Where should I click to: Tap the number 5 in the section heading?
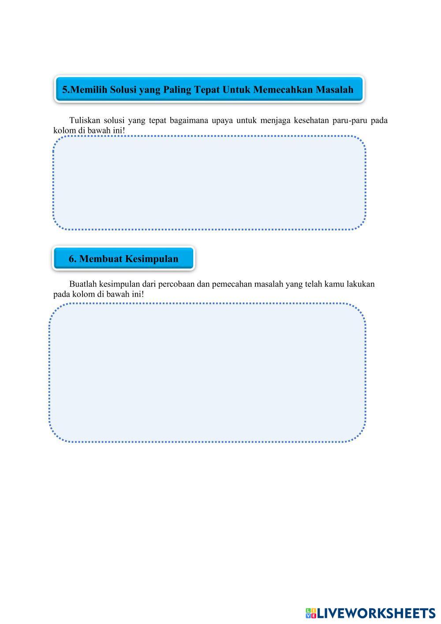click(x=65, y=90)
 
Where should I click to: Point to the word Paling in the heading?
click(x=177, y=90)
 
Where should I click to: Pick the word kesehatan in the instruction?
click(x=311, y=120)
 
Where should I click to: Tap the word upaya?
click(x=222, y=120)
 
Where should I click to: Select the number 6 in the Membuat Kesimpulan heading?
click(x=72, y=259)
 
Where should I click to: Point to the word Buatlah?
click(x=82, y=284)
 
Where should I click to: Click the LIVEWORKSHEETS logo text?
click(x=376, y=613)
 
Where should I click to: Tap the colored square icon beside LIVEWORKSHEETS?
click(x=310, y=613)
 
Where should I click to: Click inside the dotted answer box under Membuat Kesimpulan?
click(x=207, y=373)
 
